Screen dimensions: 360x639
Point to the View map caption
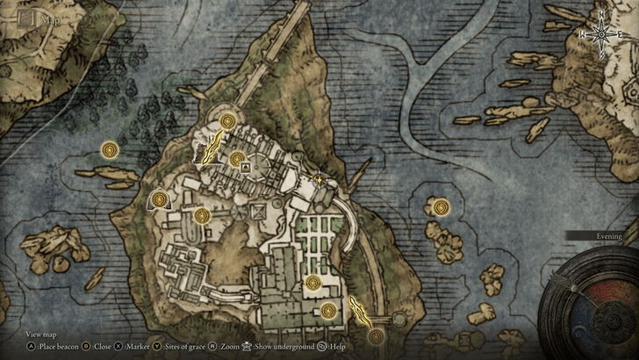(x=41, y=334)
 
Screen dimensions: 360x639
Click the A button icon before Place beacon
(x=31, y=346)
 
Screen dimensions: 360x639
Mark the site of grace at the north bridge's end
(x=228, y=121)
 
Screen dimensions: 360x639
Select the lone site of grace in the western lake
(x=110, y=150)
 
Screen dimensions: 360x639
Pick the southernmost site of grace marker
(x=377, y=336)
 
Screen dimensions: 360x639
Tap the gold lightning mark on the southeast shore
(x=359, y=310)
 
